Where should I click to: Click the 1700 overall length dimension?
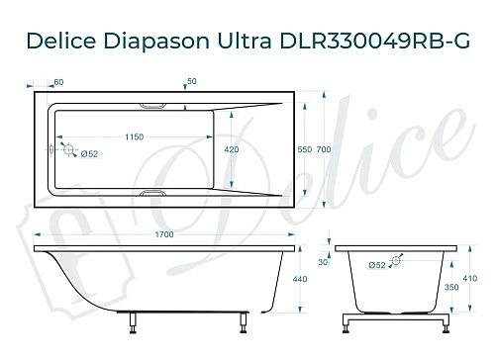(x=164, y=233)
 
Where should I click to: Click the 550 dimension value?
(x=305, y=150)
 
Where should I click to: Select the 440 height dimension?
(x=301, y=281)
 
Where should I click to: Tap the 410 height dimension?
(x=470, y=281)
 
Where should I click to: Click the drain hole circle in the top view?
(x=67, y=150)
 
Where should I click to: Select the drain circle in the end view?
(x=396, y=261)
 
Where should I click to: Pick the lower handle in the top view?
(x=155, y=194)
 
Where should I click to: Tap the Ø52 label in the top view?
(x=87, y=154)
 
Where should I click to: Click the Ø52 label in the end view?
(x=376, y=266)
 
